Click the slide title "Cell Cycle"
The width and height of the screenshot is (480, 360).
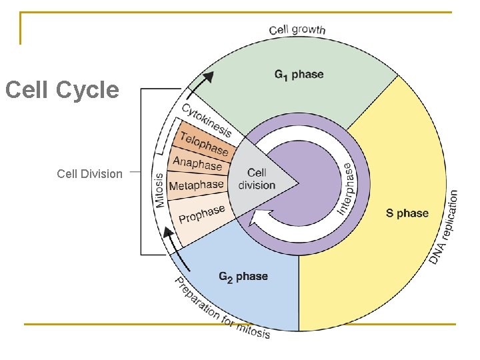pyautogui.click(x=62, y=90)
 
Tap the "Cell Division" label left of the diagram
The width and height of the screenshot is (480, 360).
pyautogui.click(x=89, y=174)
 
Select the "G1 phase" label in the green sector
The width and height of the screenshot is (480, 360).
pyautogui.click(x=299, y=75)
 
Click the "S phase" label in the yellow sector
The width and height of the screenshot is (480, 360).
pyautogui.click(x=407, y=213)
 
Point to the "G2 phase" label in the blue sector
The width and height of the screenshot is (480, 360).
pyautogui.click(x=243, y=276)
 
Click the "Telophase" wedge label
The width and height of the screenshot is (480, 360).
pyautogui.click(x=204, y=142)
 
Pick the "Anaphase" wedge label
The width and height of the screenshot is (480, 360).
pyautogui.click(x=197, y=163)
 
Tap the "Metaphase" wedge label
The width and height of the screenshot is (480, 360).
pyautogui.click(x=196, y=185)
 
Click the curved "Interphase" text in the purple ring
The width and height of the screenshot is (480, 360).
pyautogui.click(x=347, y=189)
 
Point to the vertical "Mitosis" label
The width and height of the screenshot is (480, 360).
pyautogui.click(x=160, y=190)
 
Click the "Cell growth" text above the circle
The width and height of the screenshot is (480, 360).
pyautogui.click(x=297, y=29)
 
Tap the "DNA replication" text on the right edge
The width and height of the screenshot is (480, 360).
pyautogui.click(x=445, y=227)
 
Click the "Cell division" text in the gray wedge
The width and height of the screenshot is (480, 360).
pyautogui.click(x=257, y=179)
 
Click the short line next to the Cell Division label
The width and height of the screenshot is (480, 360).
pyautogui.click(x=134, y=171)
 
